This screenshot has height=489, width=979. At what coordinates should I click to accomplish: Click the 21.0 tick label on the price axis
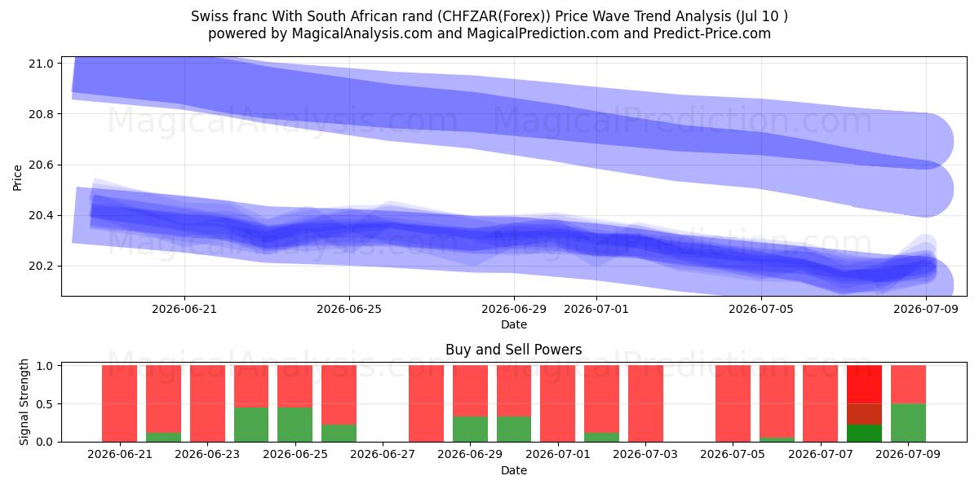pyautogui.click(x=41, y=64)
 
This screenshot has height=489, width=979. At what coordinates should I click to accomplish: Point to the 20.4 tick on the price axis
pyautogui.click(x=41, y=216)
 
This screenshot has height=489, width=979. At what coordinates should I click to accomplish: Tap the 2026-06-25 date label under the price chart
pyautogui.click(x=349, y=309)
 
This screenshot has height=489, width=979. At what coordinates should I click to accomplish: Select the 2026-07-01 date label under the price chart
pyautogui.click(x=596, y=309)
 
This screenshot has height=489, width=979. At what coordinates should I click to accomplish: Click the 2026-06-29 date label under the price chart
pyautogui.click(x=514, y=309)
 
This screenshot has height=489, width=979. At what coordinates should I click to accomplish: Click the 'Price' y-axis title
pyautogui.click(x=17, y=178)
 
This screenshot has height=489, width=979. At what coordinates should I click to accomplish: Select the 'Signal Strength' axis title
pyautogui.click(x=24, y=402)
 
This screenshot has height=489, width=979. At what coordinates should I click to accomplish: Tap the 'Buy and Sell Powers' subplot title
pyautogui.click(x=513, y=350)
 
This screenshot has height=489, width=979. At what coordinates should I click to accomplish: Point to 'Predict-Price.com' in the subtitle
pyautogui.click(x=712, y=33)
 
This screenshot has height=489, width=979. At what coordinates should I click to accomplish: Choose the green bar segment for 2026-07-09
pyautogui.click(x=908, y=423)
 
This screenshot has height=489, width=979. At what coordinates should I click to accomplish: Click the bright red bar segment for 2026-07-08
pyautogui.click(x=864, y=384)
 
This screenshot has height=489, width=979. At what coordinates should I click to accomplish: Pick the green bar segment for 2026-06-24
pyautogui.click(x=251, y=425)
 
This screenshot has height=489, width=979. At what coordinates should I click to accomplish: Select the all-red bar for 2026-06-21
pyautogui.click(x=119, y=403)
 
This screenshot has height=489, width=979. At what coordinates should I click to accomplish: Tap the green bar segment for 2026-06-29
pyautogui.click(x=470, y=430)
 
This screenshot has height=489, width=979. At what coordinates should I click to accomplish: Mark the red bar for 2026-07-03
pyautogui.click(x=645, y=403)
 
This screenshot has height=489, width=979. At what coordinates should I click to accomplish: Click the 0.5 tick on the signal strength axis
pyautogui.click(x=44, y=404)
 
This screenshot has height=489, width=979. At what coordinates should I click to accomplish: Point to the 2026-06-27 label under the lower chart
pyautogui.click(x=383, y=455)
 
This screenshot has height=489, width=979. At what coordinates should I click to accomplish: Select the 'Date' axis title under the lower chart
pyautogui.click(x=514, y=470)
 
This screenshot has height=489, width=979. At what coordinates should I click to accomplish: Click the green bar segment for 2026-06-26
pyautogui.click(x=339, y=433)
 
